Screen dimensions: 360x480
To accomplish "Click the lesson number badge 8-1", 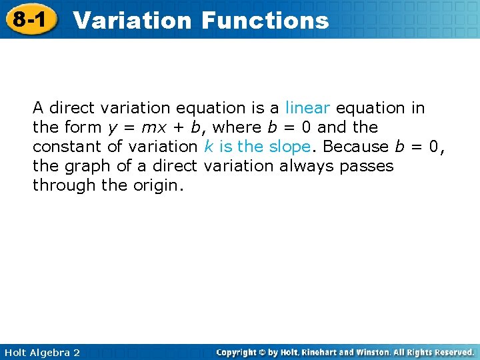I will point(28,19).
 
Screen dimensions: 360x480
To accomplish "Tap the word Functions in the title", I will point(265,20).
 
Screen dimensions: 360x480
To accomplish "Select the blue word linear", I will point(307,107).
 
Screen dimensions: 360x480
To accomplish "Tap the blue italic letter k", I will point(208,146).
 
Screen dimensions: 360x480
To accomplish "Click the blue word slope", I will point(291,146).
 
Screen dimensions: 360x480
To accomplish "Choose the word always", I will point(307,165).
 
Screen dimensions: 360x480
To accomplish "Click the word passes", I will point(367,166).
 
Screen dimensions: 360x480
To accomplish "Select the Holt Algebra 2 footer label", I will point(41,352).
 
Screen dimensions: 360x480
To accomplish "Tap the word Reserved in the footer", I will point(451,352).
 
